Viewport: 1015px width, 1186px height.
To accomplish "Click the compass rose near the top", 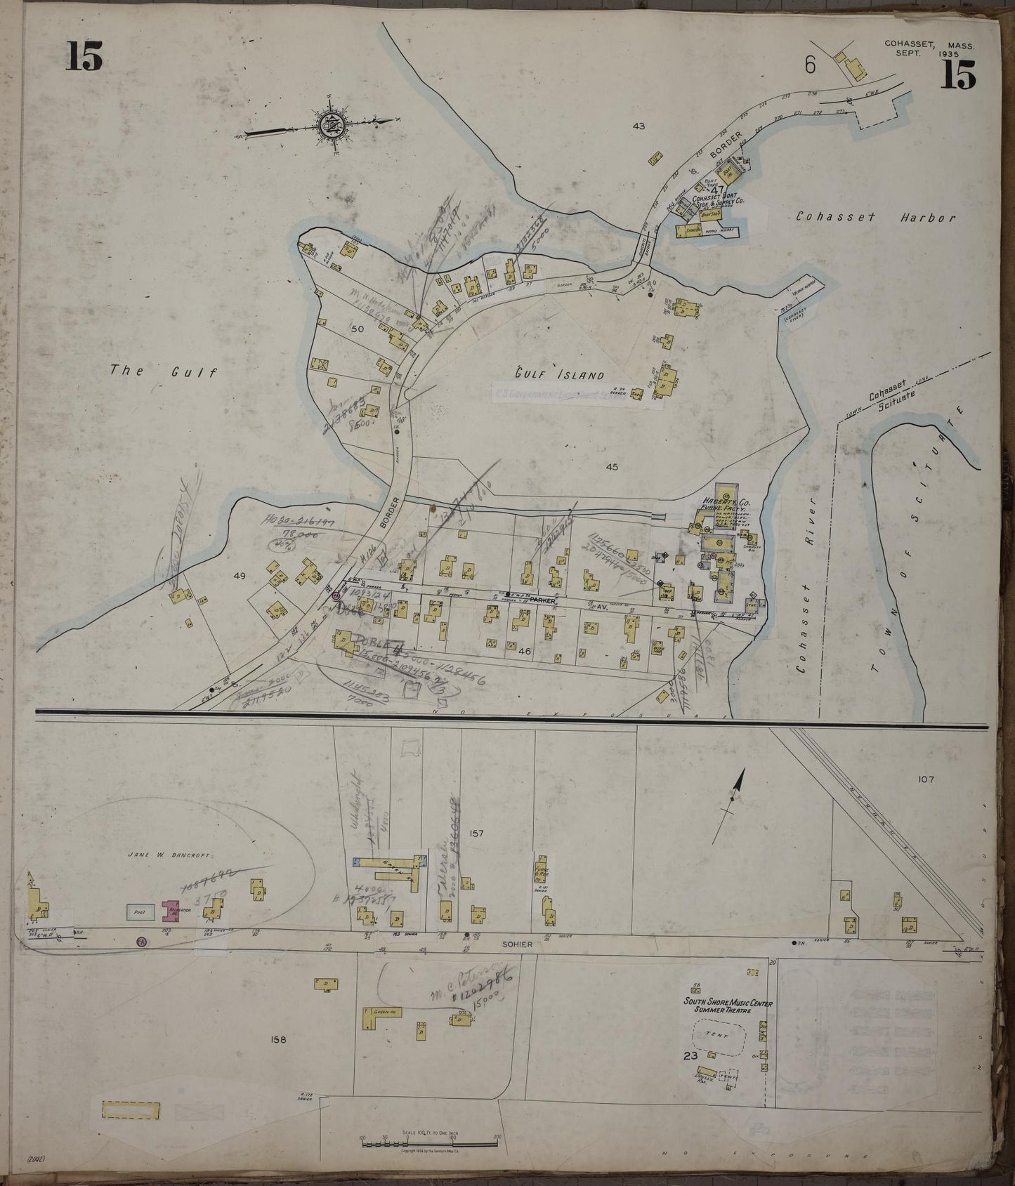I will point(329,126).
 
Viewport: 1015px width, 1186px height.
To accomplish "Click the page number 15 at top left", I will point(84,56).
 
